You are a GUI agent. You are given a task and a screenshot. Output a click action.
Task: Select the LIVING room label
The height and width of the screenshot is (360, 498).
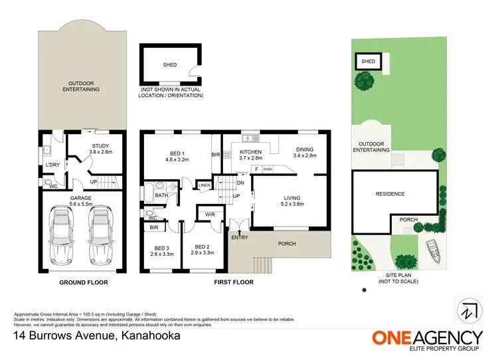tap(293, 197)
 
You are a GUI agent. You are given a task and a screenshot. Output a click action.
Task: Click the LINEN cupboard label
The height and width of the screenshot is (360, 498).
tap(205, 185)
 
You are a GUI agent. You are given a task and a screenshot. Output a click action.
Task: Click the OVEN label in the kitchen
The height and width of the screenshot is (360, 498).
tap(268, 169)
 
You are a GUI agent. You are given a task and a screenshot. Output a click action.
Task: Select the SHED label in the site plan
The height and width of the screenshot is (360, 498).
tap(368, 62)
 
